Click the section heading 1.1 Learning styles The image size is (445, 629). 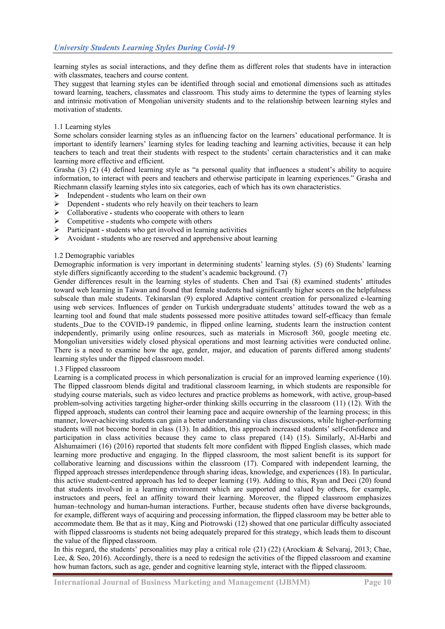pos(82,127)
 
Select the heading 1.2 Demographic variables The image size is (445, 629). pos(94,256)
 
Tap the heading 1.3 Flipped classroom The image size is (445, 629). pos(87,369)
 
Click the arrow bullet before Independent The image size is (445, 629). pos(57,195)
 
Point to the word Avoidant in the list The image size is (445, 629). pos(81,238)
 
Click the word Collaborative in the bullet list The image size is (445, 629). pos(87,212)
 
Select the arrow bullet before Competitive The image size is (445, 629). pos(57,221)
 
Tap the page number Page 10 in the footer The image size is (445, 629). pos(377,582)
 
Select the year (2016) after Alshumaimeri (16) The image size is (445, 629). pos(124,446)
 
